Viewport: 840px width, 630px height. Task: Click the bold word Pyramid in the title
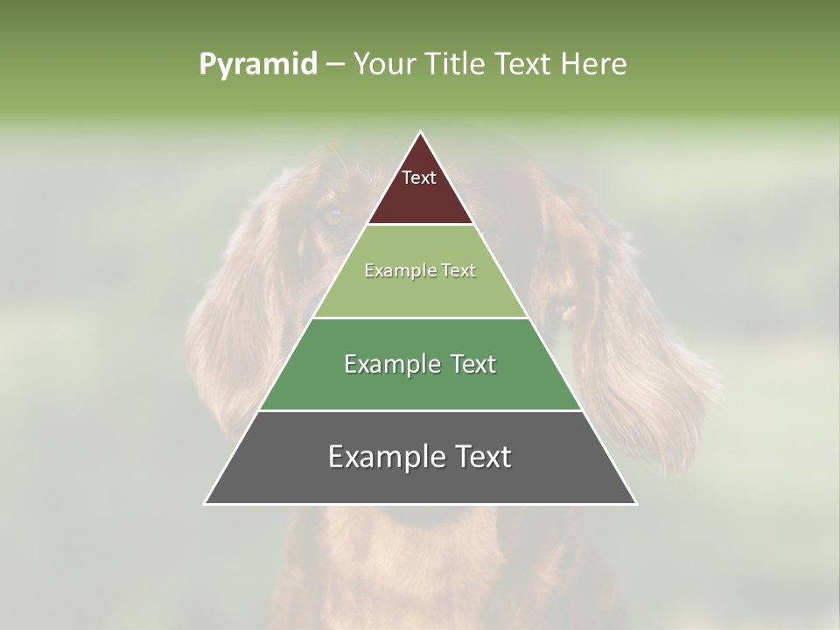[257, 65]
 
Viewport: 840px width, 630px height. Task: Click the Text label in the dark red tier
[419, 178]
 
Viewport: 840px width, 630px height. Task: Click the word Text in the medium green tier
[473, 364]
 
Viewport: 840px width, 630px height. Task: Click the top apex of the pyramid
[420, 133]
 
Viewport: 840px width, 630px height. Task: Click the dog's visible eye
[332, 216]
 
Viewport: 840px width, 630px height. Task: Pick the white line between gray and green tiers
[420, 410]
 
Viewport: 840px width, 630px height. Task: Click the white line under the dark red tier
[420, 225]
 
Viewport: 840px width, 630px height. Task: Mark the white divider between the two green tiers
[420, 318]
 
